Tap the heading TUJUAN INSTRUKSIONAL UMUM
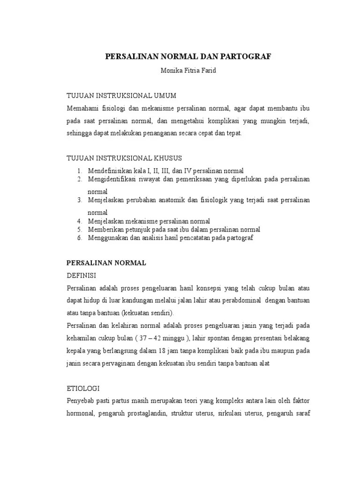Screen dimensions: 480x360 tap(121, 96)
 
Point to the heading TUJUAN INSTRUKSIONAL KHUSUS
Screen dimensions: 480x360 tap(124, 157)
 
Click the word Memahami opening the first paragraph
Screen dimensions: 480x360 tap(82, 108)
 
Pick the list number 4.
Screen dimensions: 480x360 tap(80, 221)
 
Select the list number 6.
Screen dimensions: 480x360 tap(80, 238)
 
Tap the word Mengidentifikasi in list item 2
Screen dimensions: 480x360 tap(112, 180)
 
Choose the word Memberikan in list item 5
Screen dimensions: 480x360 tap(105, 230)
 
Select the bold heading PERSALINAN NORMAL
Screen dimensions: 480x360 tap(106, 263)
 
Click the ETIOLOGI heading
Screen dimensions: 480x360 tap(83, 389)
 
